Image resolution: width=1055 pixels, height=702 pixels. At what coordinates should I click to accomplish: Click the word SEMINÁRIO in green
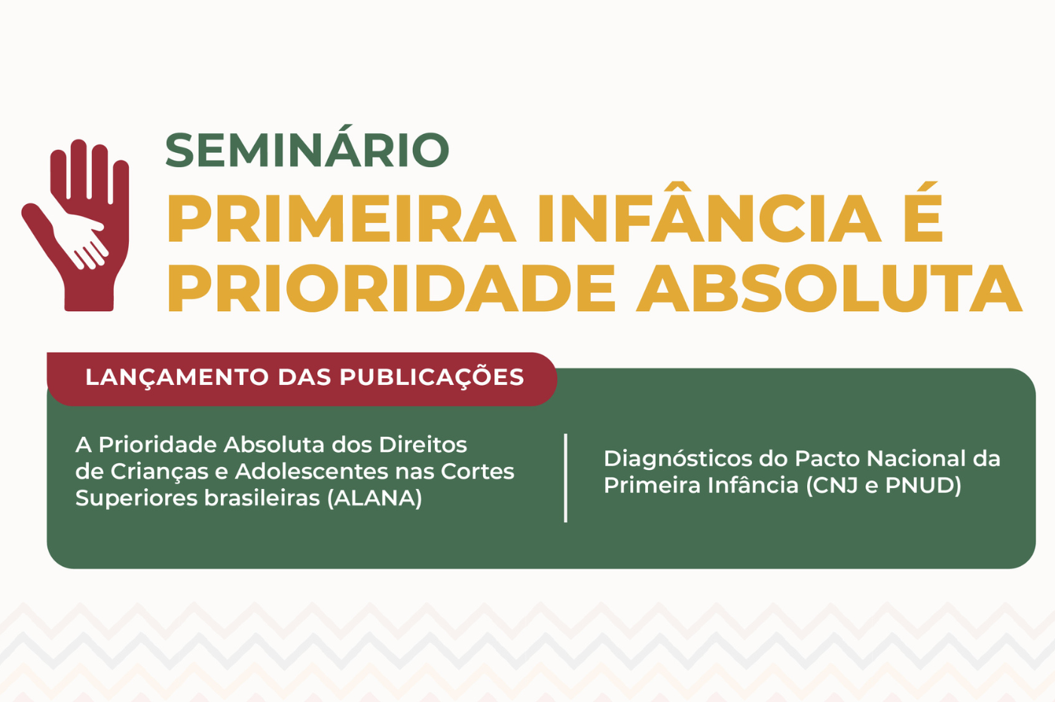pyautogui.click(x=307, y=150)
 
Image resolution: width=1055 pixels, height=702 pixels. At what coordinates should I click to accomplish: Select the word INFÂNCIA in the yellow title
pyautogui.click(x=708, y=219)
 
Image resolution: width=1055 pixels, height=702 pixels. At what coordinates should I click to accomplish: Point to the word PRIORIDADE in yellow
pyautogui.click(x=392, y=288)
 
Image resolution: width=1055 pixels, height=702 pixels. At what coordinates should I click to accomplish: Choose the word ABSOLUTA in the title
pyautogui.click(x=830, y=288)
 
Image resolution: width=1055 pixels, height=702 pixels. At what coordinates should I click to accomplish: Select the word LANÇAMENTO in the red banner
pyautogui.click(x=177, y=377)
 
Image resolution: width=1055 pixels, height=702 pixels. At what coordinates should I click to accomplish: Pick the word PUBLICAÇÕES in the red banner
pyautogui.click(x=432, y=377)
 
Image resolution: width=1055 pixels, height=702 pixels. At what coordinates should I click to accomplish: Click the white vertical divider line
pyautogui.click(x=565, y=478)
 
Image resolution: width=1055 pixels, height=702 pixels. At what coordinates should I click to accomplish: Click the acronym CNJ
pyautogui.click(x=833, y=485)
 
